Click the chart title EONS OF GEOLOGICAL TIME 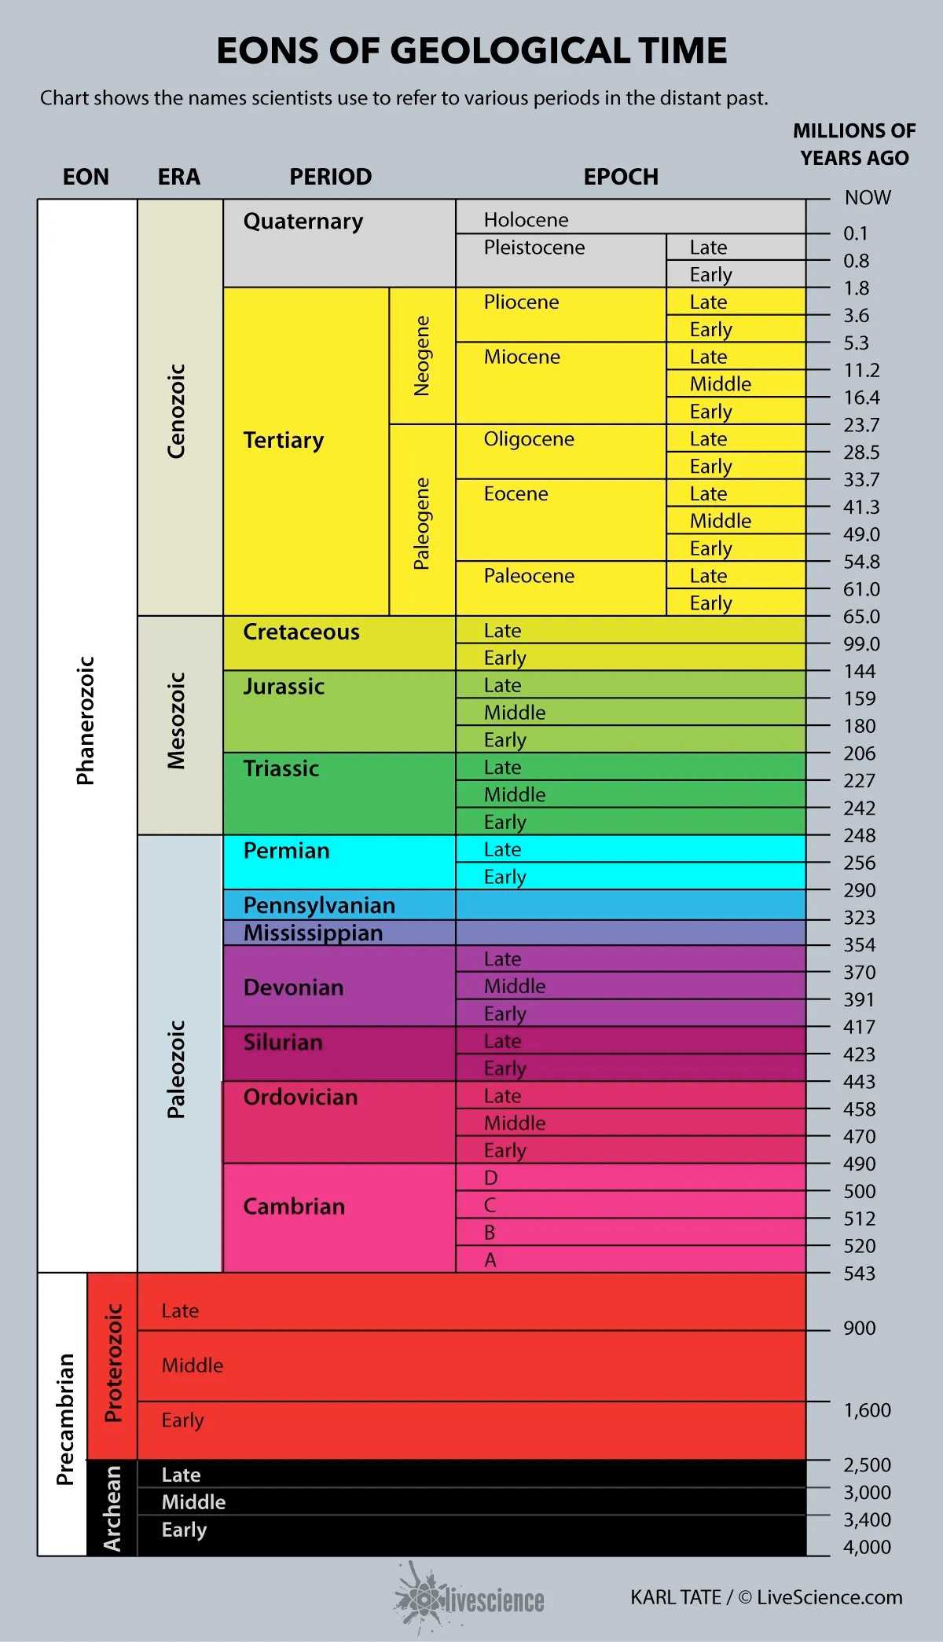click(472, 51)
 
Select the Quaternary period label click(303, 222)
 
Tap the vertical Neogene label click(422, 356)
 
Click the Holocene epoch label click(526, 220)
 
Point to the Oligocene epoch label click(529, 439)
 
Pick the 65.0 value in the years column click(861, 617)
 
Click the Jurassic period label click(284, 687)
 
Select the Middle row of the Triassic click(515, 794)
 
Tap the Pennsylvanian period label click(319, 905)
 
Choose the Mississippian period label click(313, 933)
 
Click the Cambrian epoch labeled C click(490, 1205)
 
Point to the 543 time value click(859, 1274)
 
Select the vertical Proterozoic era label click(113, 1362)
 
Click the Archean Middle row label click(193, 1502)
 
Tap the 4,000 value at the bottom click(867, 1547)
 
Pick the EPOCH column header click(621, 177)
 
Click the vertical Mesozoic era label click(177, 720)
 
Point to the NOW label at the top click(868, 198)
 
